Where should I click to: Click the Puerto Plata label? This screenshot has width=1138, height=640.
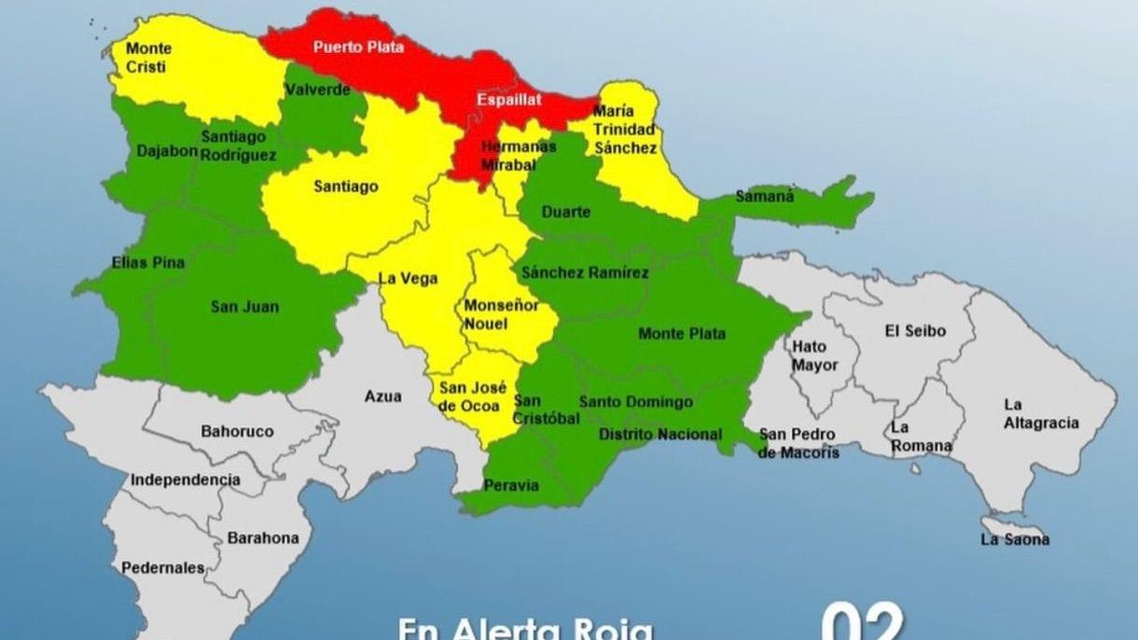358,46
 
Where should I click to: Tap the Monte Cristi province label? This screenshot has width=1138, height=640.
149,57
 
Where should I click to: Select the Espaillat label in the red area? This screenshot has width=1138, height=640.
508,99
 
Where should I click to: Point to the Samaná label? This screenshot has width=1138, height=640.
765,197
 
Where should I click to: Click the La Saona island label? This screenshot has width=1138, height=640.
1015,538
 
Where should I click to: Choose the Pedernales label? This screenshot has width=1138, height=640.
162,567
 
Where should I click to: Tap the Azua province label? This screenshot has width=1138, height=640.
382,397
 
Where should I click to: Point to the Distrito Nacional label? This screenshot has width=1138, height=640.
659,434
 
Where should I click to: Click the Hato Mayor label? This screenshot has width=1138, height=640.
814,355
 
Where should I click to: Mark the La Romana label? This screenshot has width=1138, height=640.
920,436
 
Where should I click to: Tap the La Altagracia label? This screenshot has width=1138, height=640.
1041,413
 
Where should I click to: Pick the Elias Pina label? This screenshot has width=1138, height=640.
147,263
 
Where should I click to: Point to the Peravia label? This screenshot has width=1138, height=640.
510,485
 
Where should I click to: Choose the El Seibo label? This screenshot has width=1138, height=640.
914,330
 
